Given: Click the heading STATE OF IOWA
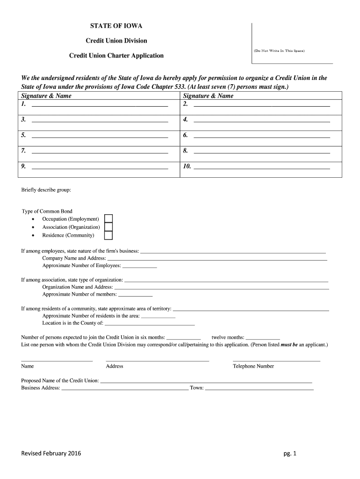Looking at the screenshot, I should click(x=116, y=26).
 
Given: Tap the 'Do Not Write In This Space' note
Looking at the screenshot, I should click(x=279, y=50).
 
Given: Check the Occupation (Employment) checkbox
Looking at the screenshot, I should click(x=108, y=219).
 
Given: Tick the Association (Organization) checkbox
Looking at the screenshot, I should click(x=108, y=227).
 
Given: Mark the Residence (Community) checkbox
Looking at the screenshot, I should click(x=108, y=235).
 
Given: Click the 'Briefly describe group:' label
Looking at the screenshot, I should click(x=46, y=190).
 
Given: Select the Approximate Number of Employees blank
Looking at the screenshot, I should click(x=139, y=267).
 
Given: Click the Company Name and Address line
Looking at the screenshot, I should click(x=217, y=259).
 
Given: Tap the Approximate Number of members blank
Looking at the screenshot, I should click(x=135, y=296).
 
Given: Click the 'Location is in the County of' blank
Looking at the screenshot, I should click(x=149, y=324).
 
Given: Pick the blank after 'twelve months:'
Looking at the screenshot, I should click(x=263, y=338).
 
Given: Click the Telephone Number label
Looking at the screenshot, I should click(x=253, y=366).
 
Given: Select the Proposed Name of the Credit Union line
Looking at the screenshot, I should click(x=206, y=382).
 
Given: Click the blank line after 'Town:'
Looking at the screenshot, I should click(x=259, y=389).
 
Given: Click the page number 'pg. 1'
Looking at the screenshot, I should click(x=290, y=453).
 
